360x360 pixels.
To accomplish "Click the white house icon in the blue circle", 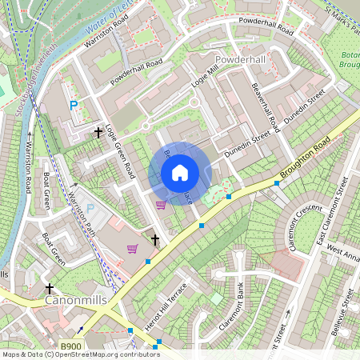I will click(x=180, y=172).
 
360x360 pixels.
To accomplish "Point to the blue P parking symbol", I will click(x=74, y=106).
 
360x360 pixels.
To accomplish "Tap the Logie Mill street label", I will click(x=206, y=80).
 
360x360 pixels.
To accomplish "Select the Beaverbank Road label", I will click(x=265, y=108).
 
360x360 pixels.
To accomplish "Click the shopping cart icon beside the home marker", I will click(x=161, y=204).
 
